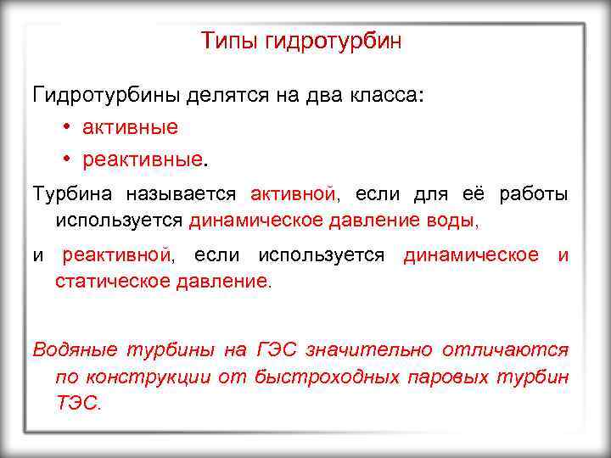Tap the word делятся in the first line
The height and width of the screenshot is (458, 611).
coord(227,95)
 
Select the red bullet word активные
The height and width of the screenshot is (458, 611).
coord(130,127)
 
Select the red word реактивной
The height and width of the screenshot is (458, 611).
coord(116,255)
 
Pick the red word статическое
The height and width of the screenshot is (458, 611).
coord(112,280)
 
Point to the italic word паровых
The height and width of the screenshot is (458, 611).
coord(446,377)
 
